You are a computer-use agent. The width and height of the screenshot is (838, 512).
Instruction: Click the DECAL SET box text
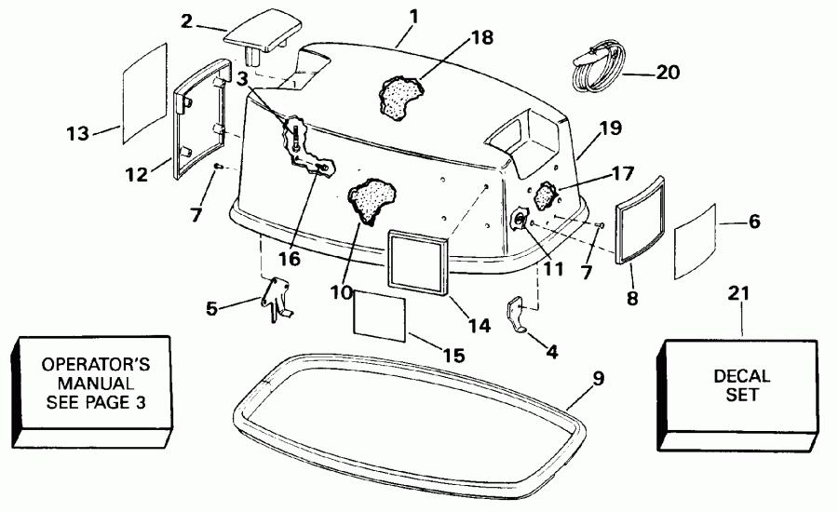click(741, 385)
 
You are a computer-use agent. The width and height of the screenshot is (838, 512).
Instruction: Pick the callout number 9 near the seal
click(599, 379)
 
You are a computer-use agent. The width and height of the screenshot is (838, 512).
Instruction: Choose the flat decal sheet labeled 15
click(380, 316)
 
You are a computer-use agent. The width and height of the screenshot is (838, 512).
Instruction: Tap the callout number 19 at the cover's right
click(611, 129)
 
